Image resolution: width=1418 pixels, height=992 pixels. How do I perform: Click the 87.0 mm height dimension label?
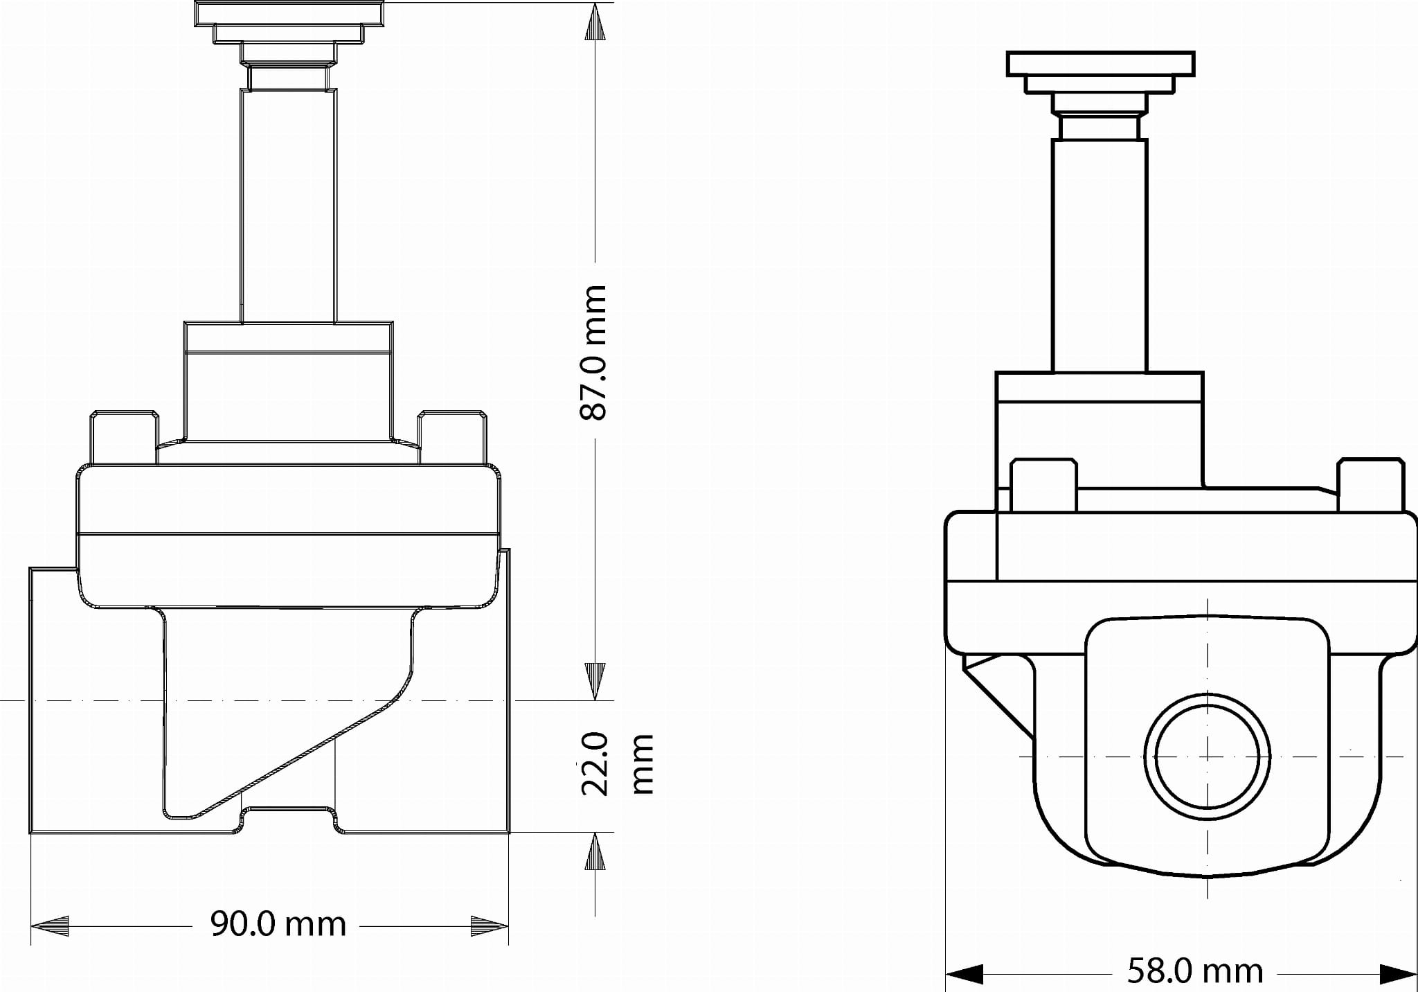(593, 352)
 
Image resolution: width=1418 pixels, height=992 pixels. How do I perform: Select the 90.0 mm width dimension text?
(278, 924)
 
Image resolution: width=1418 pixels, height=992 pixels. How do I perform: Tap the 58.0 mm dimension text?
(1195, 971)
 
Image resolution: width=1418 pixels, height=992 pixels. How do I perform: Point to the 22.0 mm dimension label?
(616, 764)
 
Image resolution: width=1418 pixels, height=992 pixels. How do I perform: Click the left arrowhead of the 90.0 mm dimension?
(50, 925)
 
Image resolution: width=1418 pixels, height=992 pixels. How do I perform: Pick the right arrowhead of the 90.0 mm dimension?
(490, 925)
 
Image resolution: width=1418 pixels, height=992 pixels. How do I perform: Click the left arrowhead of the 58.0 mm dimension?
(964, 973)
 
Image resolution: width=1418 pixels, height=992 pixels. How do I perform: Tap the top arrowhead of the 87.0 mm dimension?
(595, 22)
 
